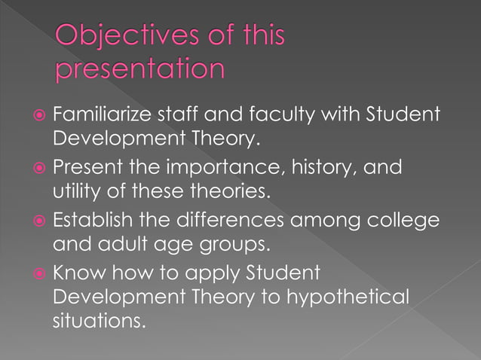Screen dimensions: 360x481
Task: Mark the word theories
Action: pos(227,191)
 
